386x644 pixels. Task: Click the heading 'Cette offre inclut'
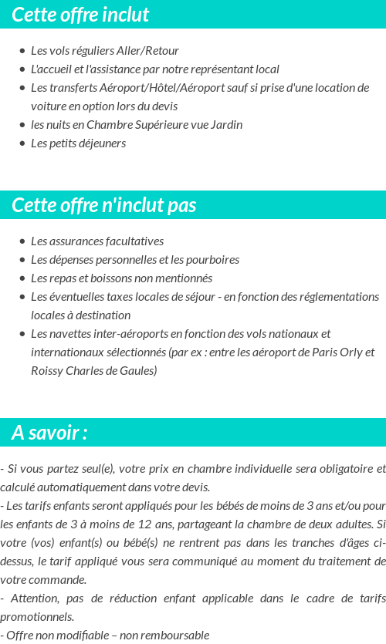click(x=80, y=15)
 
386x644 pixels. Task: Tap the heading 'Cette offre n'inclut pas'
click(x=104, y=205)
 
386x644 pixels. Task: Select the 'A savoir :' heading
click(x=49, y=433)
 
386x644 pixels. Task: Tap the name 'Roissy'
click(x=48, y=371)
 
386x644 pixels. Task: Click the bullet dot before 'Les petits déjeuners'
click(x=22, y=144)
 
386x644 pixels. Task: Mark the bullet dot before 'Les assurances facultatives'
click(x=22, y=242)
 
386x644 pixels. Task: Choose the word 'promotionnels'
click(x=37, y=617)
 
